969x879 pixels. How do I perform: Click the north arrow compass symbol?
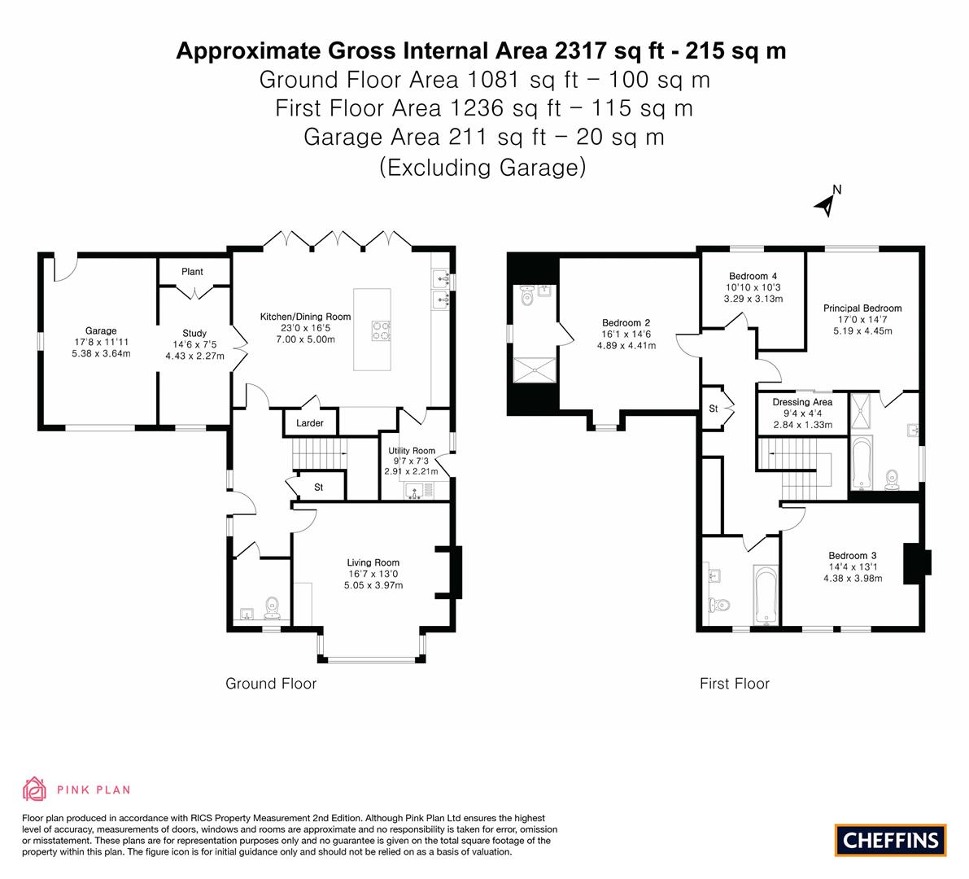827,202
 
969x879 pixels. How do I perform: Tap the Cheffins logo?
890,840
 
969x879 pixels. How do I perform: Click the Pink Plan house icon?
34,789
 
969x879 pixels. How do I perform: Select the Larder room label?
310,422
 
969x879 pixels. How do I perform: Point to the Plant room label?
192,271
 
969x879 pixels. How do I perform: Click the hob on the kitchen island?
381,330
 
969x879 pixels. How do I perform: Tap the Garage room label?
101,330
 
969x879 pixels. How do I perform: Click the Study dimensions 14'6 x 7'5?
194,344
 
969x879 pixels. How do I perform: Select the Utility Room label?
412,451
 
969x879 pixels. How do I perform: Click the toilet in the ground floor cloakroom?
271,608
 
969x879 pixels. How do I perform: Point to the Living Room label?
373,562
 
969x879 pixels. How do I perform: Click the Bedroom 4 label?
753,276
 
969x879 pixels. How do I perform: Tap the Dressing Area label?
802,402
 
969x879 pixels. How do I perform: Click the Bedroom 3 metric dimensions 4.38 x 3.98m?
853,579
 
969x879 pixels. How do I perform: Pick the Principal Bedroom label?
862,308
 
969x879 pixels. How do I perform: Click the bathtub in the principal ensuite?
862,463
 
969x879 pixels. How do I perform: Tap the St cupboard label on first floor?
714,409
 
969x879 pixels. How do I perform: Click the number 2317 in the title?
579,50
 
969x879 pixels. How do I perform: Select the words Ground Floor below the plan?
271,684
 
